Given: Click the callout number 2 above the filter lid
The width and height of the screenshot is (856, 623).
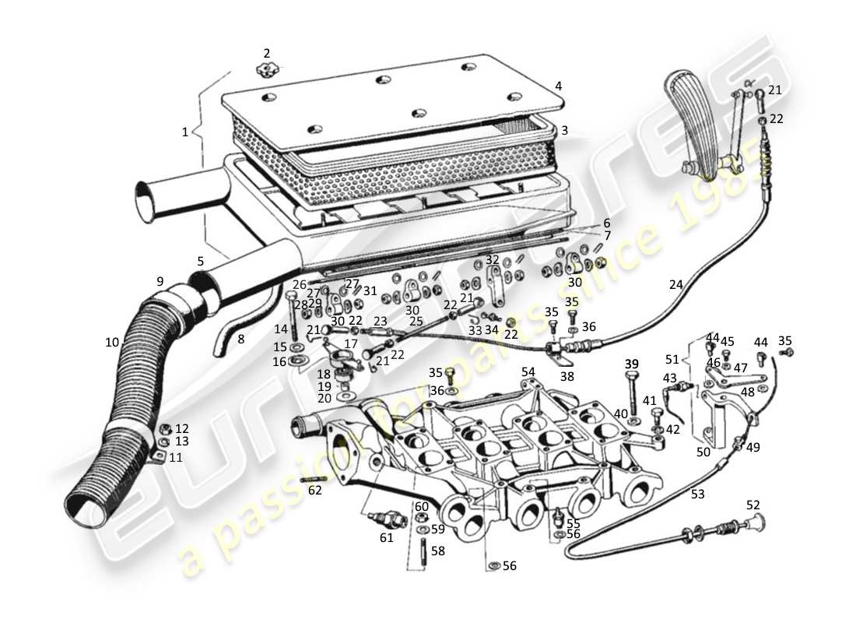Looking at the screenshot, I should coord(267,54).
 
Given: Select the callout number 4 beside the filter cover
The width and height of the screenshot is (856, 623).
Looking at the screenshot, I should coord(558,86).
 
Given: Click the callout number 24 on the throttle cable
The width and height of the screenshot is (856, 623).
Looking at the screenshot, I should coord(675,285).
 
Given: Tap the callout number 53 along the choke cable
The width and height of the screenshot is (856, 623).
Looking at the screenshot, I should coord(697,493).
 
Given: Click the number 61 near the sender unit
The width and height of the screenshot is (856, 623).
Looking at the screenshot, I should coord(386,537).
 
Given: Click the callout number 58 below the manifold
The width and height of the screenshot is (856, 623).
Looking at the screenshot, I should coord(437,551).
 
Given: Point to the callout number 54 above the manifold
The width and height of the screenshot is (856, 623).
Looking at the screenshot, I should coord(528,372).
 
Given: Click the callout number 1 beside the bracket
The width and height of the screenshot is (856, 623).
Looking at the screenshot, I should coord(185,132).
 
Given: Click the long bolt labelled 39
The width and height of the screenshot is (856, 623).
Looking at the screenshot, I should coord(631,393).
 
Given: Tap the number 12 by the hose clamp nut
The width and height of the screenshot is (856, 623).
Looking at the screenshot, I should coord(181,428).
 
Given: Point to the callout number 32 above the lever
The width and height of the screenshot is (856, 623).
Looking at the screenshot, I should coord(492,259).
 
